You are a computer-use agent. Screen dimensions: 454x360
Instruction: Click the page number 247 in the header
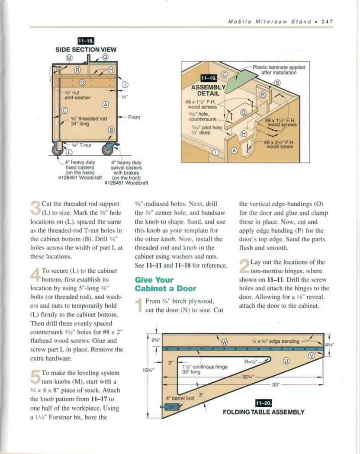pyautogui.click(x=326, y=21)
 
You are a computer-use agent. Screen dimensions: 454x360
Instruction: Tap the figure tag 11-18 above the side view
pyautogui.click(x=83, y=42)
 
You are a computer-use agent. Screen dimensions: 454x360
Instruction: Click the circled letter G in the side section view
pyautogui.click(x=82, y=82)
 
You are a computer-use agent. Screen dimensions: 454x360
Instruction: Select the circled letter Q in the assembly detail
pyautogui.click(x=243, y=112)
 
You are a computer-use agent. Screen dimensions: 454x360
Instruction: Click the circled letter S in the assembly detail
pyautogui.click(x=277, y=83)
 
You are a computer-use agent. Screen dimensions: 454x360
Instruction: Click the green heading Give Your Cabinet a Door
pyautogui.click(x=160, y=284)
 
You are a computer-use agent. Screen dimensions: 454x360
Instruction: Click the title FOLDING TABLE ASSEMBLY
pyautogui.click(x=264, y=412)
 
